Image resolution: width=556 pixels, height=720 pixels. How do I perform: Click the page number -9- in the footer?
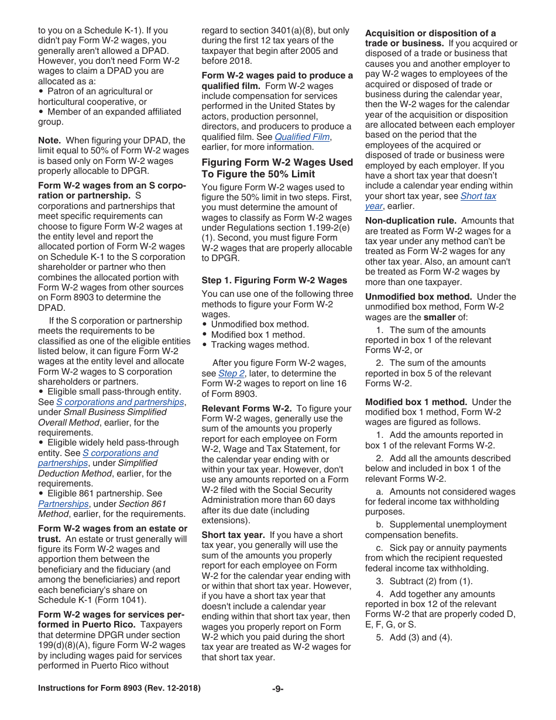point(277,689)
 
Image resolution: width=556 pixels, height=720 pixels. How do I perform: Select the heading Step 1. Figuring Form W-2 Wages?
point(274,280)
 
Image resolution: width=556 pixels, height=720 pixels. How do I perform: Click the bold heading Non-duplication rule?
point(410,221)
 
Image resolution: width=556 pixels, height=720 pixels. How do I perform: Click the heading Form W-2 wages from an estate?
point(112,529)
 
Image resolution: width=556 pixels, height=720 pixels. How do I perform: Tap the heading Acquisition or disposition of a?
point(430,33)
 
